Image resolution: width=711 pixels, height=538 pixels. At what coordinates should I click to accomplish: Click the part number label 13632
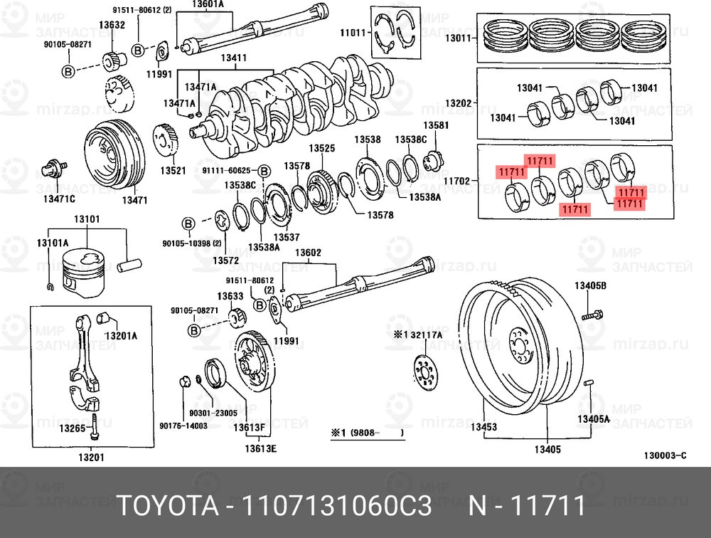tap(112, 25)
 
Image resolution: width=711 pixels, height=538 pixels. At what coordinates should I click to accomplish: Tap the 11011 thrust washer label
tap(353, 32)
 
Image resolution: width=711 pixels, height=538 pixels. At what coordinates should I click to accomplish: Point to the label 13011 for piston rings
tap(459, 38)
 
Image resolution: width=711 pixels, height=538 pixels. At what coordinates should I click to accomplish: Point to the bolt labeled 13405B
tap(593, 313)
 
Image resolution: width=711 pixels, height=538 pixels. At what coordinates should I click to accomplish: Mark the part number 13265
tap(72, 428)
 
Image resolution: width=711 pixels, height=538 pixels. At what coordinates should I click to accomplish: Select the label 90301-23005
tap(213, 412)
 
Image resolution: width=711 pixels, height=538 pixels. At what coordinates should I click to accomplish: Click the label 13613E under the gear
tap(260, 448)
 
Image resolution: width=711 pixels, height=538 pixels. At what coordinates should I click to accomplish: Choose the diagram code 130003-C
tap(665, 455)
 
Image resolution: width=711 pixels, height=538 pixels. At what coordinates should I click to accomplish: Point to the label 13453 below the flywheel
tap(483, 428)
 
